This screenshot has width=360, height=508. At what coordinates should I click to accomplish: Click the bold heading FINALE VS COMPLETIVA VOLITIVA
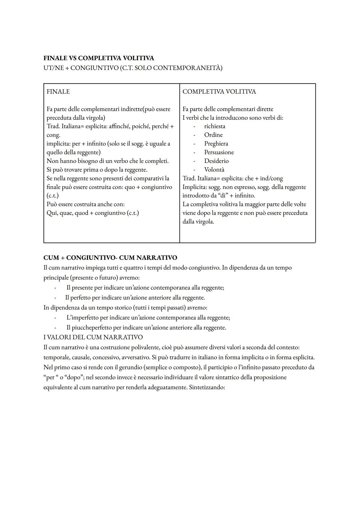99,58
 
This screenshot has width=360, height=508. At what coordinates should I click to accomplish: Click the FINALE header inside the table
58,92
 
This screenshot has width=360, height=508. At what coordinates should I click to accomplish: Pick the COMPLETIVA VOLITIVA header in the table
219,92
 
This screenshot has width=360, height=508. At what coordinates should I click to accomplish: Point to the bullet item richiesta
215,126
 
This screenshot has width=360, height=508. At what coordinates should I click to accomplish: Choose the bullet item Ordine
213,135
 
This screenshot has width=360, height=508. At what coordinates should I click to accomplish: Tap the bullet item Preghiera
216,144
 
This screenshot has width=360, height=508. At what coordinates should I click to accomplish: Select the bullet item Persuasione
219,152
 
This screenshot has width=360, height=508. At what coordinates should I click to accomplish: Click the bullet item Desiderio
216,161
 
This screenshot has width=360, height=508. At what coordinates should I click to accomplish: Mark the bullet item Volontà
214,170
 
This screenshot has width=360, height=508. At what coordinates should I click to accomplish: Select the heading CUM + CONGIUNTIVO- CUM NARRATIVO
110,258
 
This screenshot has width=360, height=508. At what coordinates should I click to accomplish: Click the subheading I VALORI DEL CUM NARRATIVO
93,337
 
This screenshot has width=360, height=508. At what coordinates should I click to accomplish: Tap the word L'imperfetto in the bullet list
82,317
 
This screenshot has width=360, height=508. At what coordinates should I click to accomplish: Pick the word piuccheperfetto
92,327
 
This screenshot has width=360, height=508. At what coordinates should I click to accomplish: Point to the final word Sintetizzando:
207,387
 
